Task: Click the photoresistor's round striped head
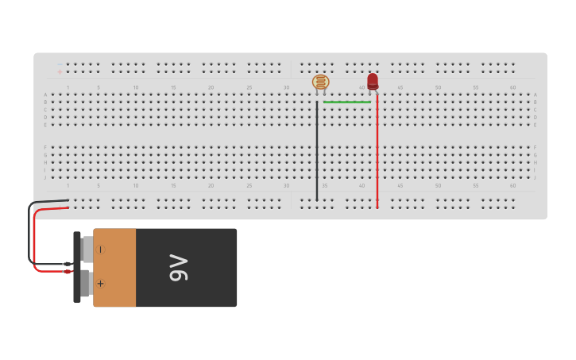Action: click(320, 81)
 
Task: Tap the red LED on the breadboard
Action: click(373, 80)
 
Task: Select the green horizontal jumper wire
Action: click(347, 102)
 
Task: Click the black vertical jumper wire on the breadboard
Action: click(317, 151)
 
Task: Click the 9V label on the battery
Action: click(179, 268)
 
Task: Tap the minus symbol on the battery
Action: click(100, 250)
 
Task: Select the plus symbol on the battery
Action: click(100, 283)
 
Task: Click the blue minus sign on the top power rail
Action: click(60, 64)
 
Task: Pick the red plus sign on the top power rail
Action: click(60, 72)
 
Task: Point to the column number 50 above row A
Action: click(437, 87)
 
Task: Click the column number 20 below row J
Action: click(211, 185)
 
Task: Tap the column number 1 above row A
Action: click(68, 87)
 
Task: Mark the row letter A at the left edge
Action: click(45, 95)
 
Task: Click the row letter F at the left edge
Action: click(45, 147)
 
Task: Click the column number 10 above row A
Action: click(136, 87)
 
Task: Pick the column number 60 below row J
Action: click(512, 185)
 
